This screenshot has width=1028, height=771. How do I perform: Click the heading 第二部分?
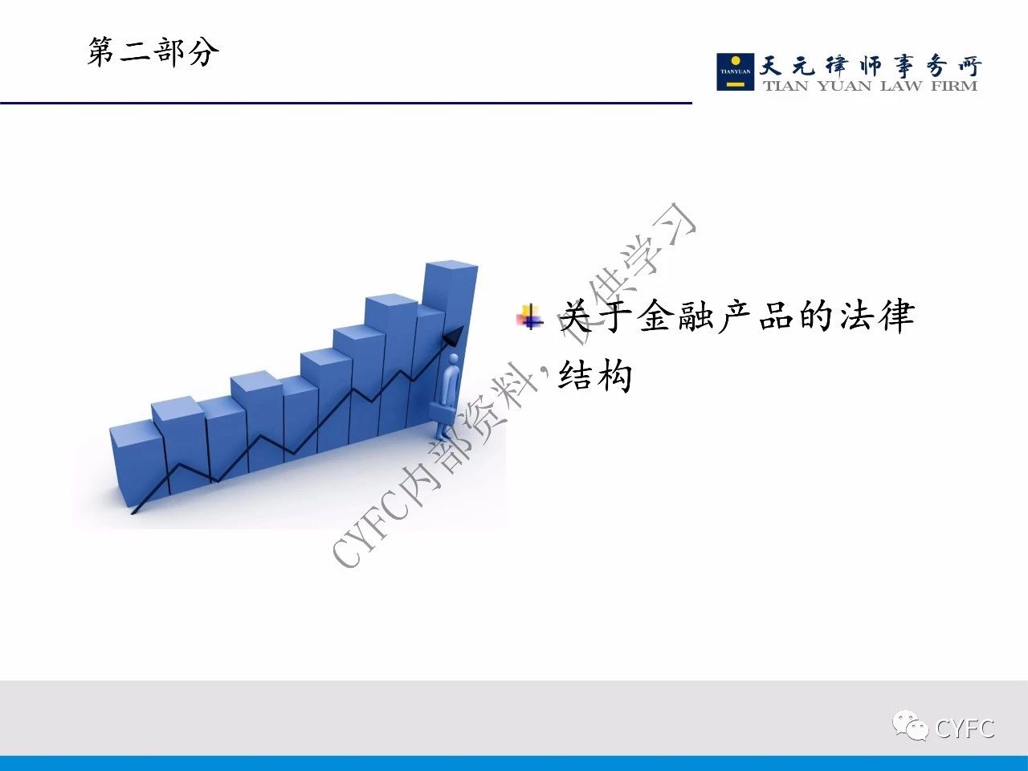pos(153,52)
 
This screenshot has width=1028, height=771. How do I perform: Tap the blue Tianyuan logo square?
pos(736,71)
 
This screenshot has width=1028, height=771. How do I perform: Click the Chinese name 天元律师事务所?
pos(870,66)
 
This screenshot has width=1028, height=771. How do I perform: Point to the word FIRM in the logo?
pos(954,86)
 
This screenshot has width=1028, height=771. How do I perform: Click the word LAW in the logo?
pos(901,86)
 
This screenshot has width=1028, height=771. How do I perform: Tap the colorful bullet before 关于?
pos(530,317)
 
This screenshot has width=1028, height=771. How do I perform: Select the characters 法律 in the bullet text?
pos(876,316)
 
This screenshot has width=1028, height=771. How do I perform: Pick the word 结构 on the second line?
pos(595,375)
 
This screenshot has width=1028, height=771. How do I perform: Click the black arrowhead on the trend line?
pos(452,337)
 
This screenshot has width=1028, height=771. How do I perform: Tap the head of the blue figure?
pos(453,360)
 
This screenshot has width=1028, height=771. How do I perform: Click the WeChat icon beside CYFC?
pos(910,728)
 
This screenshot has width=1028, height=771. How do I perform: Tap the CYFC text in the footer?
pos(965,729)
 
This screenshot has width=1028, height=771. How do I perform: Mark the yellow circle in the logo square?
pos(736,61)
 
